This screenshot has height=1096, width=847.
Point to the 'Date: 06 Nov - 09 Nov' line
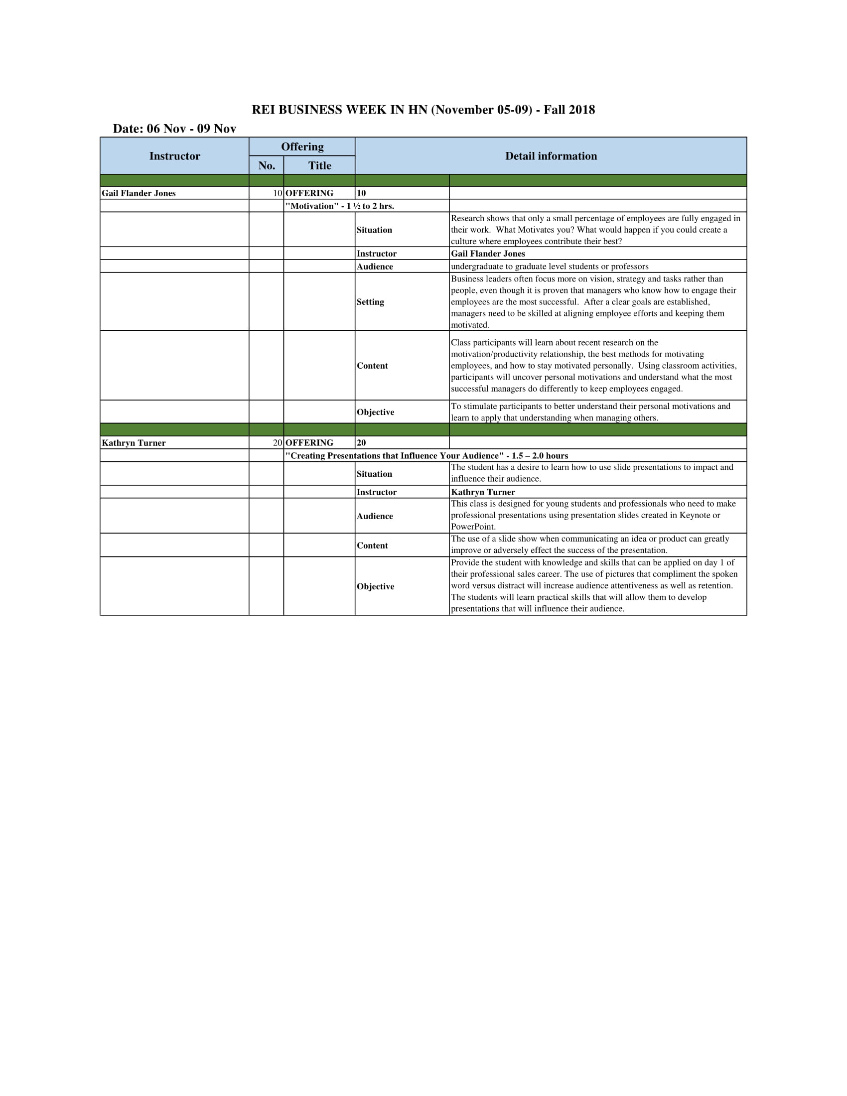[174, 129]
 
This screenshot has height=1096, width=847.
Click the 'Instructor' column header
[174, 156]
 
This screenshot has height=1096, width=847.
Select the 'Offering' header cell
[302, 146]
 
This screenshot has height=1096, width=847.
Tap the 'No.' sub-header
[267, 165]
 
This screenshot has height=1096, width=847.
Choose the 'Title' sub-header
[320, 165]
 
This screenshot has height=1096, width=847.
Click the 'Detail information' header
[551, 156]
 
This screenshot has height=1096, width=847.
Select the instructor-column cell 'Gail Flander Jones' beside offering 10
[139, 193]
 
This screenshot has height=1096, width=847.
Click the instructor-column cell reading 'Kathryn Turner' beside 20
[134, 442]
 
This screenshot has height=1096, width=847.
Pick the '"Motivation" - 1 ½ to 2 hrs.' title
[340, 206]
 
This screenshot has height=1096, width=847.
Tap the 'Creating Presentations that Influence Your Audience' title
[426, 456]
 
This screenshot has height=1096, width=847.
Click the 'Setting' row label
[370, 301]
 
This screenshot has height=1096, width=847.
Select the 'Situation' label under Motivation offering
[374, 230]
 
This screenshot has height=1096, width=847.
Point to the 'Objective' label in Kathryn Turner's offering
[375, 586]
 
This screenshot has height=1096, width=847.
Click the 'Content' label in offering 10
[372, 365]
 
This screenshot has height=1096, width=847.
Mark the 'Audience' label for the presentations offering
[375, 516]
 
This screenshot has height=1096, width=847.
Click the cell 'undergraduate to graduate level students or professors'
[550, 267]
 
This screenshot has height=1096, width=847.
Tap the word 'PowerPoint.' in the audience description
[473, 527]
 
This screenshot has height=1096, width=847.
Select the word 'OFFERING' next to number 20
[309, 442]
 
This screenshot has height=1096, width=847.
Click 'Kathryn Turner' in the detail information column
[483, 492]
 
